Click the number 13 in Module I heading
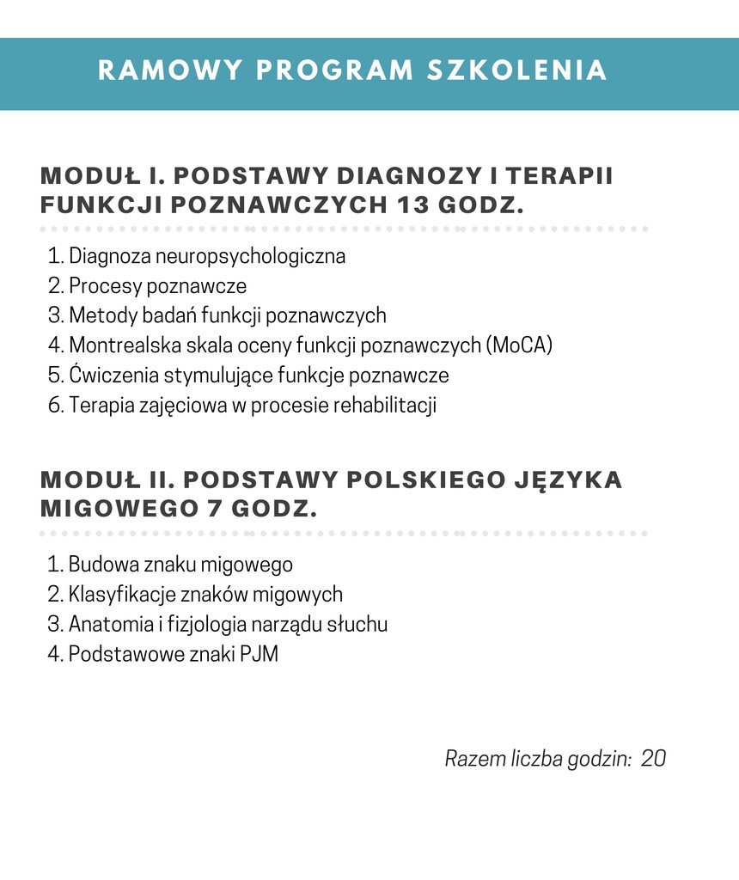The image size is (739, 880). pyautogui.click(x=413, y=206)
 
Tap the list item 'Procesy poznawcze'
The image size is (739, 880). pyautogui.click(x=157, y=285)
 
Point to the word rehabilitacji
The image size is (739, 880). pyautogui.click(x=384, y=406)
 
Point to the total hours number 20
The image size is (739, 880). pyautogui.click(x=653, y=759)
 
